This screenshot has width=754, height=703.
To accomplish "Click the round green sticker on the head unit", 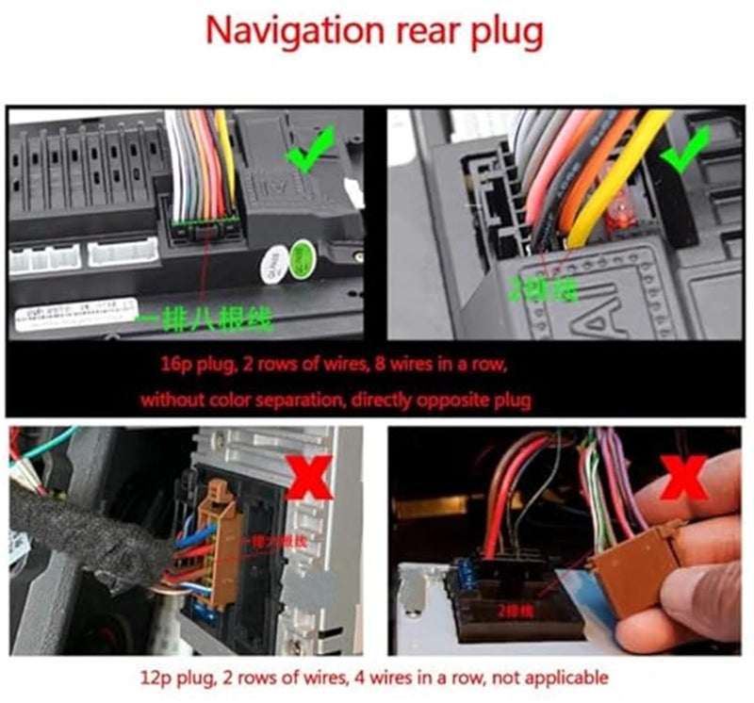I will pyautogui.click(x=303, y=257).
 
